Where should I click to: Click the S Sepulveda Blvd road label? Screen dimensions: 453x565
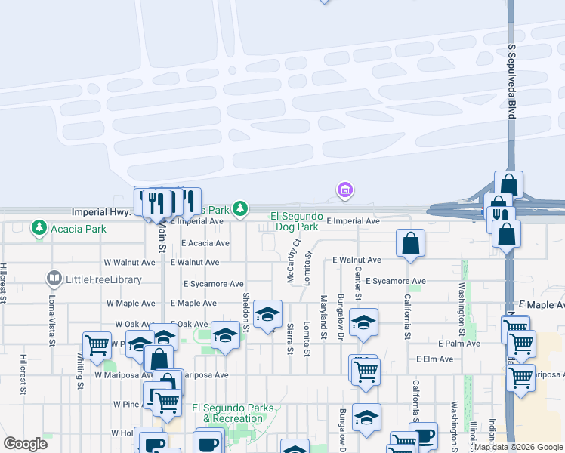pos(511,81)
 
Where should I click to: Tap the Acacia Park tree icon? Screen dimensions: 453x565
pos(39,226)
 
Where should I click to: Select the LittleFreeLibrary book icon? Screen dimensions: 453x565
pos(54,279)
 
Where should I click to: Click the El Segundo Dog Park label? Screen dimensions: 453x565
pos(295,221)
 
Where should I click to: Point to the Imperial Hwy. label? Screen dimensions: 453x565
pos(100,213)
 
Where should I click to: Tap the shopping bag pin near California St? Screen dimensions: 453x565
pos(410,243)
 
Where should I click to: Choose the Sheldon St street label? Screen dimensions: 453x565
pos(245,313)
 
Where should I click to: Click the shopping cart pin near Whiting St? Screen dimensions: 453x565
pos(97,346)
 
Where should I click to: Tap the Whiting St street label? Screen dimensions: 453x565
pos(80,369)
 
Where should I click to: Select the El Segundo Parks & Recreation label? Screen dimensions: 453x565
pos(233,413)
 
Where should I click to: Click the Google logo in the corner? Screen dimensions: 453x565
pos(25,444)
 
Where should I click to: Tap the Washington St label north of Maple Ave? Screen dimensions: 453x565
pos(461,310)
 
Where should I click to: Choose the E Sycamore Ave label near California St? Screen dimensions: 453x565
pos(396,281)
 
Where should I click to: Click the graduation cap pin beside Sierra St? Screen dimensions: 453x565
pos(267,315)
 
